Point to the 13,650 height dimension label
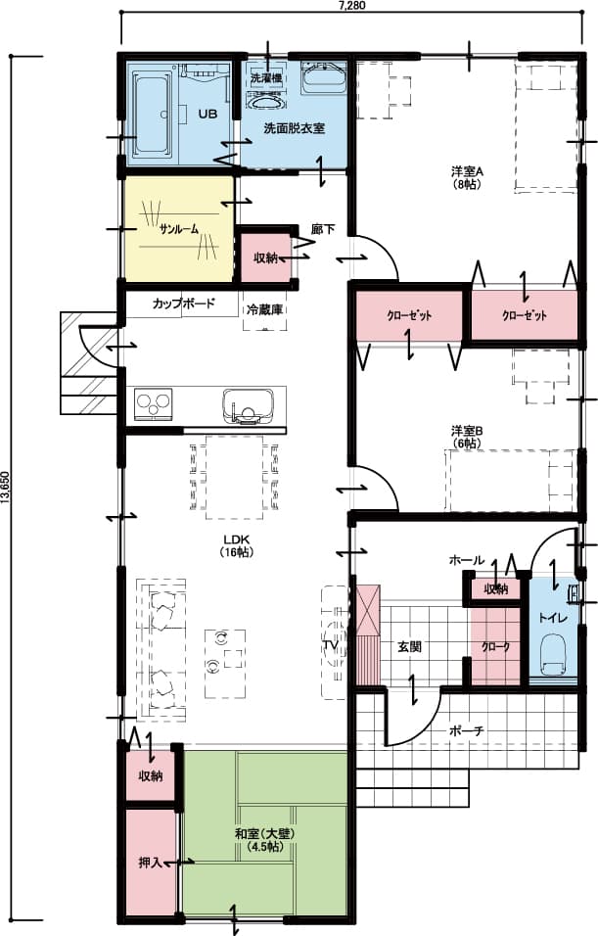click(x=6, y=486)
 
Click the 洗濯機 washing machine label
click(x=265, y=76)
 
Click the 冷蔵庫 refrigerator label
click(x=264, y=309)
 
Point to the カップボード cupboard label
click(x=183, y=304)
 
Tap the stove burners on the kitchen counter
click(x=154, y=401)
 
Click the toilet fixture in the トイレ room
click(x=553, y=654)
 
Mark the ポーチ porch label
click(x=466, y=731)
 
